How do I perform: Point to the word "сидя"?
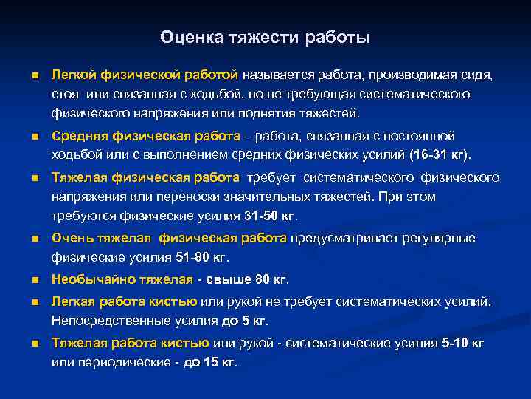point(479,75)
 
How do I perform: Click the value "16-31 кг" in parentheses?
point(442,154)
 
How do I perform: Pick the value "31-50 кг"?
point(271,216)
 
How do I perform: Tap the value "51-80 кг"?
point(203,257)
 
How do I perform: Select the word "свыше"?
point(228,279)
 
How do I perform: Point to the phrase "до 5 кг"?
point(243,321)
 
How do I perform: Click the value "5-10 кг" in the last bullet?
point(463,343)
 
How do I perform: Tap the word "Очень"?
point(70,238)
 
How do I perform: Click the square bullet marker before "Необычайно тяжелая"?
point(35,280)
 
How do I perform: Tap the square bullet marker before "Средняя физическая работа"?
point(35,137)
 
